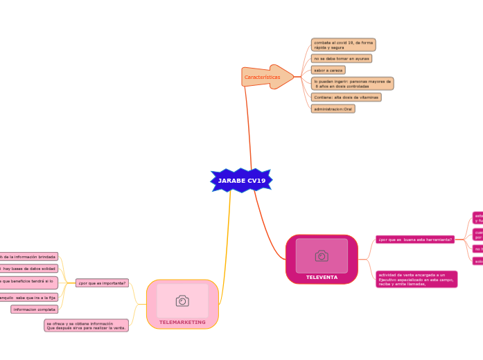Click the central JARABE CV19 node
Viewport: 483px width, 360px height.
[x=241, y=181]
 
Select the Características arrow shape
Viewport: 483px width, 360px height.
[x=265, y=77]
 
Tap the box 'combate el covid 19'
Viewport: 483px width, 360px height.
[x=343, y=45]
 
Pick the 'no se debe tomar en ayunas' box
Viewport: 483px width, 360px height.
[x=342, y=59]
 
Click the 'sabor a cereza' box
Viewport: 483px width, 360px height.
[x=328, y=70]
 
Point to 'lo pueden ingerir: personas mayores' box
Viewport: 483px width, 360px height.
[x=352, y=84]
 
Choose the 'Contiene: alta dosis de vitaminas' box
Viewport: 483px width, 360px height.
[x=346, y=98]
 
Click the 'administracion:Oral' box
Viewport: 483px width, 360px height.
[x=333, y=109]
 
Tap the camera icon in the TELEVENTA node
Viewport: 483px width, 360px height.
[x=322, y=256]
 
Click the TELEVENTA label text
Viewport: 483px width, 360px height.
[x=322, y=278]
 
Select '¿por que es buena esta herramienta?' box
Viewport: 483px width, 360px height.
[x=414, y=240]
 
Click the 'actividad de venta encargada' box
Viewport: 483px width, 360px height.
[x=416, y=279]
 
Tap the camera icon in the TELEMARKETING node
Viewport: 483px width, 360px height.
[x=182, y=300]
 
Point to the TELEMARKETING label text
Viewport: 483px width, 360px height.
[x=182, y=323]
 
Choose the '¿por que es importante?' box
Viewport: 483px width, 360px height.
[x=102, y=282]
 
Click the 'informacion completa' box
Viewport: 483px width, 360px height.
[x=34, y=309]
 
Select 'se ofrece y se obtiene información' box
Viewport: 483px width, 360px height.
[x=86, y=325]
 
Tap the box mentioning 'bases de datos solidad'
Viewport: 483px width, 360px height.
[x=29, y=269]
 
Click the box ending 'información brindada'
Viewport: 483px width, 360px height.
[x=28, y=257]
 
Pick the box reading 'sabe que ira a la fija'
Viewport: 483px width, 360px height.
[x=29, y=298]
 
